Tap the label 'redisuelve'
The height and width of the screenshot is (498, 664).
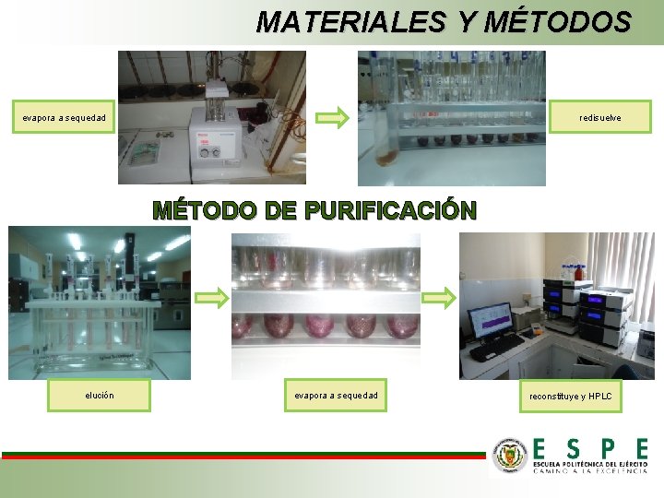point(600,118)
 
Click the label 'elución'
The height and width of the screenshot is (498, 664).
point(100,396)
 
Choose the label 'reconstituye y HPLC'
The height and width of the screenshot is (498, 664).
point(571,397)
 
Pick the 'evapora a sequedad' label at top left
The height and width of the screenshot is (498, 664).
point(65,118)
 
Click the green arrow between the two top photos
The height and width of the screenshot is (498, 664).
point(333,117)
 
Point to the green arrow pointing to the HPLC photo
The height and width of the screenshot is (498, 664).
point(439,298)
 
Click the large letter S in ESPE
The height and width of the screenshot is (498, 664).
point(573,448)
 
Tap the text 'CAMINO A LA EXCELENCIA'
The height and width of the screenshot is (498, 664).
point(589,469)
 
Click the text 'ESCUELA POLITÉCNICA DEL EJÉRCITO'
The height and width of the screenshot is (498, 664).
point(590,461)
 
